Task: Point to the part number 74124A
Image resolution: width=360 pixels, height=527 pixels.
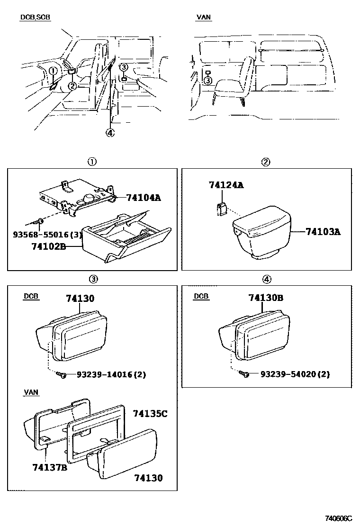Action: click(x=226, y=185)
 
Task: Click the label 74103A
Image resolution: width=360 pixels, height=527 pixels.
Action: click(x=323, y=232)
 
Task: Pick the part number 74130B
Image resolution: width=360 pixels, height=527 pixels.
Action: click(x=266, y=298)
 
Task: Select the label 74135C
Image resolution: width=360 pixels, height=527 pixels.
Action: click(x=150, y=414)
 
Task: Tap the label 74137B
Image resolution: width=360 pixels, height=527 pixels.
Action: click(x=50, y=468)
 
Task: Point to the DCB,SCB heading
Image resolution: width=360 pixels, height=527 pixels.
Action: click(x=35, y=18)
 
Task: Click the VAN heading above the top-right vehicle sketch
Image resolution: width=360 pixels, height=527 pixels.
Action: click(x=204, y=18)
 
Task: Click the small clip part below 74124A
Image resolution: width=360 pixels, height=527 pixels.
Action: click(x=221, y=209)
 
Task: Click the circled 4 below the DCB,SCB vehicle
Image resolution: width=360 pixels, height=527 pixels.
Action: click(x=110, y=133)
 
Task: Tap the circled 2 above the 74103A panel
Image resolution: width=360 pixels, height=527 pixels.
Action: click(x=266, y=162)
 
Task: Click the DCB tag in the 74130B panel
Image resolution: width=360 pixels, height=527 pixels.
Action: click(x=201, y=297)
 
